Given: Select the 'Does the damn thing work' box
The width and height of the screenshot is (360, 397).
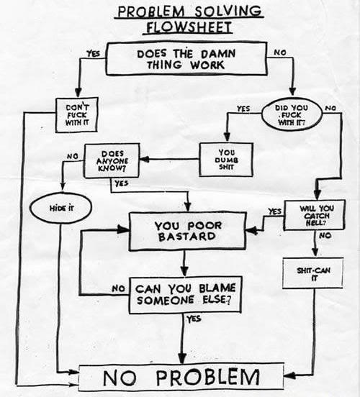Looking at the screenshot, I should tap(185, 58).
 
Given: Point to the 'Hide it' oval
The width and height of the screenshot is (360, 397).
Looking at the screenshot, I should tap(60, 207).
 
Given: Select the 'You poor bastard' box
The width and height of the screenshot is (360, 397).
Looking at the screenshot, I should tap(189, 231).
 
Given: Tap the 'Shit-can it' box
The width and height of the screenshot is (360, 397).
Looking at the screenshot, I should tap(312, 274).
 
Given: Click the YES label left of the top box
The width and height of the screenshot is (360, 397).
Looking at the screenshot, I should tap(93, 53).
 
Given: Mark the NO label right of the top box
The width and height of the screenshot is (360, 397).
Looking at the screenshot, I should tap(279, 52).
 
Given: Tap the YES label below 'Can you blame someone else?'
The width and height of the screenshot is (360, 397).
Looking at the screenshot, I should tap(194, 319).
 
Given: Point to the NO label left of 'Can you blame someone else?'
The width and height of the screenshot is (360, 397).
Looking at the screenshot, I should tap(119, 289).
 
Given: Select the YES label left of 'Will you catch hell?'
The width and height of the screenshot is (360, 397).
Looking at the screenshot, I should tap(274, 211).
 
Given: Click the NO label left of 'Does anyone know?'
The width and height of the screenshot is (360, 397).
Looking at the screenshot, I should tap(72, 155).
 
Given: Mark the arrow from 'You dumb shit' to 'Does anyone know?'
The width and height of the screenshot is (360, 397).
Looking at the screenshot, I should tap(174, 160).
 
